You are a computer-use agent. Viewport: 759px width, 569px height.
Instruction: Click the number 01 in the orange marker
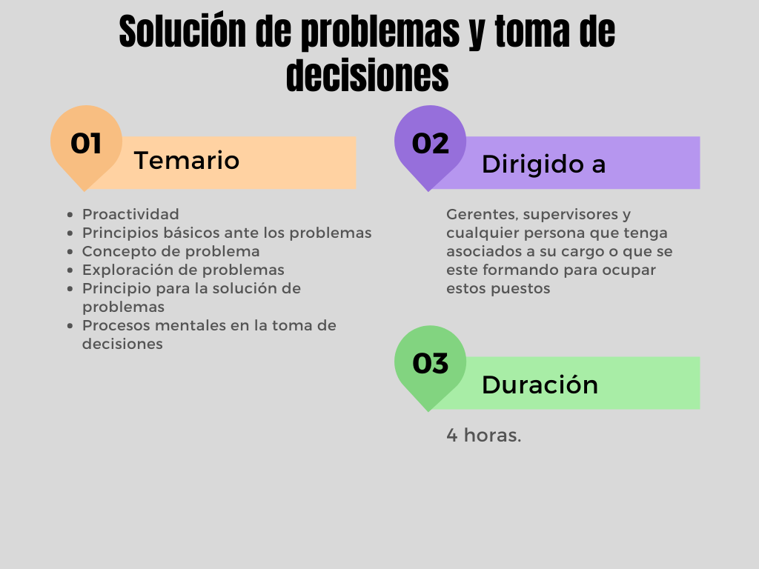click(x=86, y=143)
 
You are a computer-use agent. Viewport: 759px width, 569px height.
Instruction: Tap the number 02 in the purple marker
click(x=431, y=143)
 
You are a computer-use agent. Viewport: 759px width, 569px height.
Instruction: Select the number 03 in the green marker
click(x=431, y=363)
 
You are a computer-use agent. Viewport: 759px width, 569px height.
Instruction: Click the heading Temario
click(x=187, y=160)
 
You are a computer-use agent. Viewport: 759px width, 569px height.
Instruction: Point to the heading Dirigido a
click(x=543, y=164)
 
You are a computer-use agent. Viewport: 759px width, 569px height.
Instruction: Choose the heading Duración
click(x=540, y=385)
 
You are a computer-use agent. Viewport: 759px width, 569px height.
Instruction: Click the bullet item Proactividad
click(x=130, y=214)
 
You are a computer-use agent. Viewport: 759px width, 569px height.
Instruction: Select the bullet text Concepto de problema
click(x=171, y=252)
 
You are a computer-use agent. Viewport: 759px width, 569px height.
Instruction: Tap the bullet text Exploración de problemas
click(x=183, y=270)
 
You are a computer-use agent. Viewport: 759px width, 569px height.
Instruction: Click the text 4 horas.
click(x=483, y=435)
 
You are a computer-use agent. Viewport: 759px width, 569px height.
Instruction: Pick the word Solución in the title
click(x=183, y=31)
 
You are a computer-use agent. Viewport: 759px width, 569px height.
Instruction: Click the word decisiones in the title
click(x=368, y=75)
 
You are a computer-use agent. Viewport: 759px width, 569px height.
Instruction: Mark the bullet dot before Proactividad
click(x=70, y=214)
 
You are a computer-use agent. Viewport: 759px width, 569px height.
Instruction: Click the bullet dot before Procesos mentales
click(x=70, y=326)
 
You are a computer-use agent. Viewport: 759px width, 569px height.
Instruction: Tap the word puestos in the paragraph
click(x=520, y=289)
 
